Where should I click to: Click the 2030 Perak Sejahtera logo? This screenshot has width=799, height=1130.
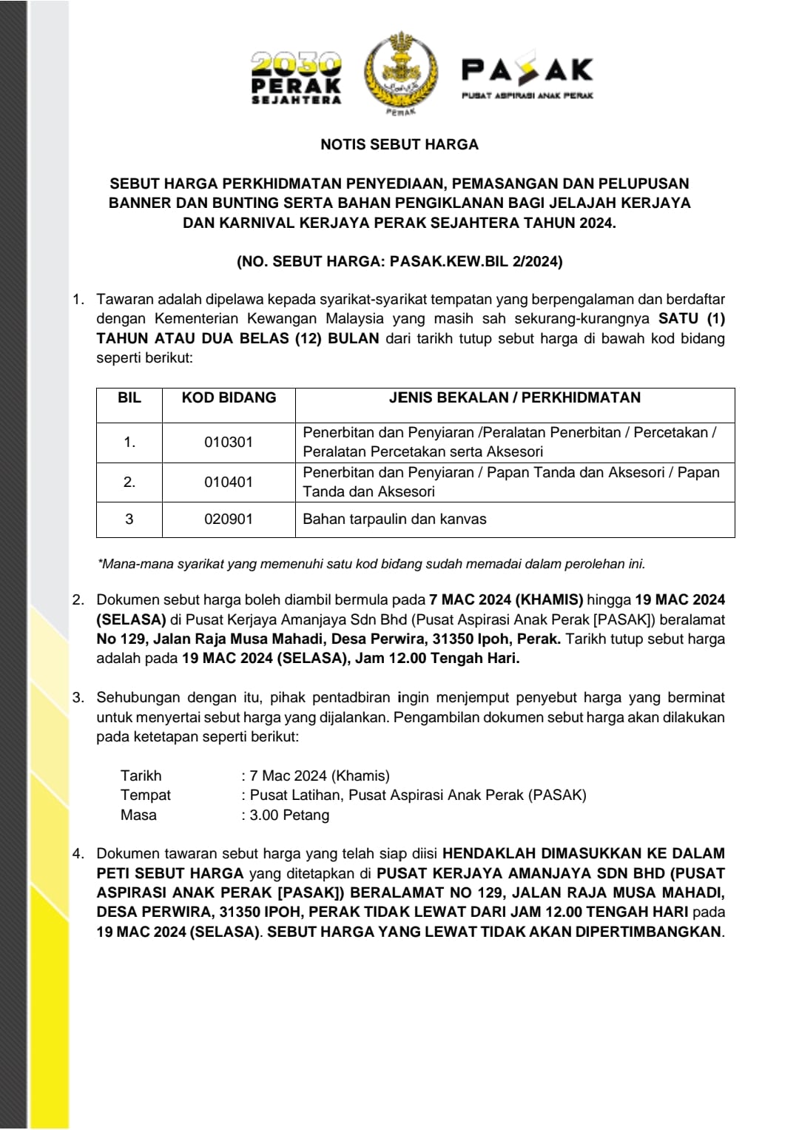point(296,78)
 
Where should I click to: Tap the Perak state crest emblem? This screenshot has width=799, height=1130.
point(400,72)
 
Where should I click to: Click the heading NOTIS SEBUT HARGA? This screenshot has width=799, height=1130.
point(399,144)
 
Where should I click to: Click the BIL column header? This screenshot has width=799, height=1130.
point(129,398)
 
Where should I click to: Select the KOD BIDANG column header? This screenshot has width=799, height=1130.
point(229,398)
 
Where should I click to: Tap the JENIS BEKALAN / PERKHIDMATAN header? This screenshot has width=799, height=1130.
point(515,398)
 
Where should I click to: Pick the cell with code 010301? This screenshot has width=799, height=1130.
point(229,442)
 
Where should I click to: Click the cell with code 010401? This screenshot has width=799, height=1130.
point(229,482)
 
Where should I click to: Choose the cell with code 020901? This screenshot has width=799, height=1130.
point(229,519)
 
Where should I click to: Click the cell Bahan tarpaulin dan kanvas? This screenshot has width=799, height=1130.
point(394,519)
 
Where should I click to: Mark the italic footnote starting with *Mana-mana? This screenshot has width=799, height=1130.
point(371,564)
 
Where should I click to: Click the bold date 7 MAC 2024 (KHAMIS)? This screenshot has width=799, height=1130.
point(506,599)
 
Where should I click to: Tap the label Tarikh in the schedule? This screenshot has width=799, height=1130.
point(141,776)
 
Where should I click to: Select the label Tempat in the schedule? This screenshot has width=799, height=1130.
point(145,795)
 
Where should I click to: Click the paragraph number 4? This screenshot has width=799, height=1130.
point(78,853)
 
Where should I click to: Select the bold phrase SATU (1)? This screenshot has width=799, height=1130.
point(691,319)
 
